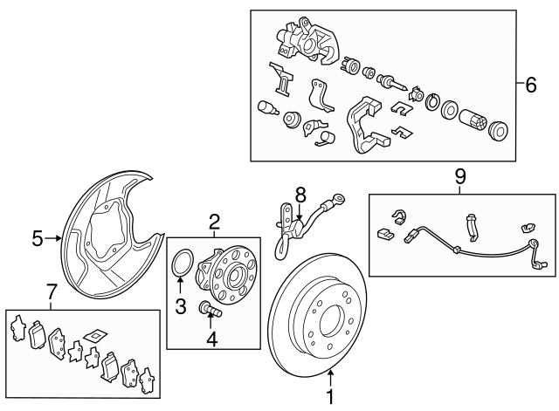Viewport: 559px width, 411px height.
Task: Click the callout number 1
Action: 330,396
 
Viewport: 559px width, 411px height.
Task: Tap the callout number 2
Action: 214,223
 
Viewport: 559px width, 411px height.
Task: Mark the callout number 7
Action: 51,291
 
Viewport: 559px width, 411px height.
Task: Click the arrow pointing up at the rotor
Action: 330,376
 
